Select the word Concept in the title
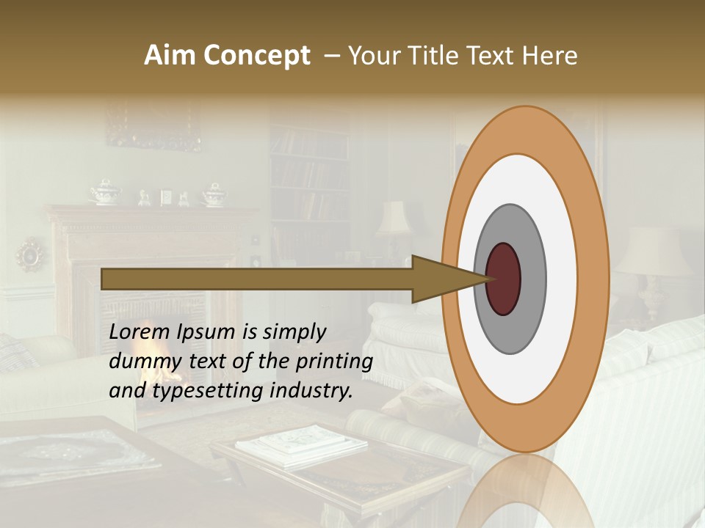256,56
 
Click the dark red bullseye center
503,279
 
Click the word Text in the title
499,56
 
